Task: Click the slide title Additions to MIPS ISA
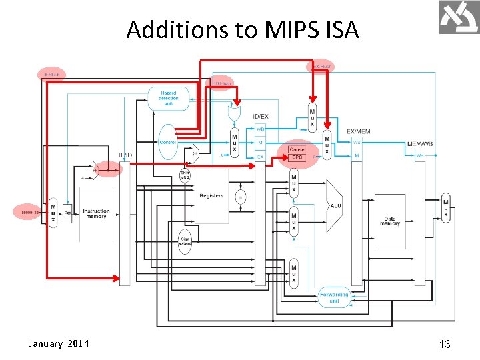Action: pyautogui.click(x=243, y=30)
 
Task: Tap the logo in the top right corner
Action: pyautogui.click(x=459, y=17)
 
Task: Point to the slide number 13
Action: pyautogui.click(x=445, y=344)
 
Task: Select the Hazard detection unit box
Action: pyautogui.click(x=169, y=98)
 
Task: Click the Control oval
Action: pyautogui.click(x=168, y=141)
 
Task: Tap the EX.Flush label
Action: pyautogui.click(x=321, y=67)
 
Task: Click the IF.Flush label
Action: pyautogui.click(x=51, y=75)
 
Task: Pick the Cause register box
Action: pyautogui.click(x=297, y=149)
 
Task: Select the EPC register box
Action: pyautogui.click(x=297, y=157)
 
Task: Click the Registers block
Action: pyautogui.click(x=211, y=196)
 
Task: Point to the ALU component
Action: pyautogui.click(x=335, y=205)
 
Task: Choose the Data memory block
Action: pyautogui.click(x=390, y=221)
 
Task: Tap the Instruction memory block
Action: pyautogui.click(x=96, y=214)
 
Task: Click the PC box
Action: pyautogui.click(x=67, y=214)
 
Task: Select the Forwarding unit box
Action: pyautogui.click(x=333, y=297)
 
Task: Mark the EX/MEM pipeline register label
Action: pyautogui.click(x=358, y=132)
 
